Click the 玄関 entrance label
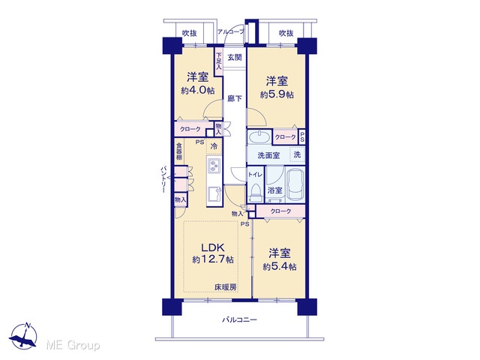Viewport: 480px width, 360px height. [x=235, y=57]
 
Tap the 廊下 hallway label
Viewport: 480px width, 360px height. [x=235, y=98]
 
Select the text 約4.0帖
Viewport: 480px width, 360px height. [x=198, y=90]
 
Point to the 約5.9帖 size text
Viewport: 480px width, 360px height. [x=277, y=94]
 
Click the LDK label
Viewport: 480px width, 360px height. [x=213, y=247]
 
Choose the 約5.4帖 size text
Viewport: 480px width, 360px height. [x=280, y=267]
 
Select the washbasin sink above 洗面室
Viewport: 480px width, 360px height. [x=259, y=136]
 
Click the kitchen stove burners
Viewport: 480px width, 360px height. [x=214, y=166]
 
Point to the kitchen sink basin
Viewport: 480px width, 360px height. [x=214, y=194]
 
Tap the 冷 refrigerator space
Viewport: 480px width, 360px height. [x=214, y=146]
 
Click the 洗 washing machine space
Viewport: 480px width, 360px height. [x=297, y=155]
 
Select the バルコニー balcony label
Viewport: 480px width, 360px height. [x=239, y=320]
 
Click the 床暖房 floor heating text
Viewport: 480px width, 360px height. [x=225, y=287]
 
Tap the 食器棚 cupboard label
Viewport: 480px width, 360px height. [x=179, y=150]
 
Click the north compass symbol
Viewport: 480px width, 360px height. [x=23, y=336]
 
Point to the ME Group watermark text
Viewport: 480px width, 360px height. [x=73, y=345]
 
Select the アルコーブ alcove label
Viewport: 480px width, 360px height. [x=231, y=31]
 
